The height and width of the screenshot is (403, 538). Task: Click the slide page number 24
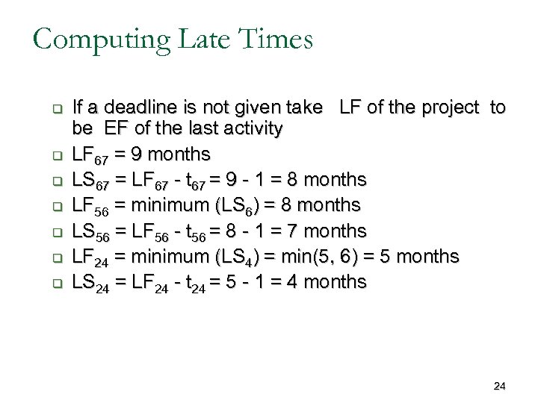[500, 386]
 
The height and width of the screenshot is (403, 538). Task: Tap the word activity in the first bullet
[247, 128]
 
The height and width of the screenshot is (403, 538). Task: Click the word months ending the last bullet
[331, 281]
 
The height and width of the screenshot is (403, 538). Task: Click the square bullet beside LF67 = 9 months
[55, 156]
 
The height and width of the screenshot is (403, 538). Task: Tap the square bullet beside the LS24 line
[55, 283]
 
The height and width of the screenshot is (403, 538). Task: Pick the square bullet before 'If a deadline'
[55, 108]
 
